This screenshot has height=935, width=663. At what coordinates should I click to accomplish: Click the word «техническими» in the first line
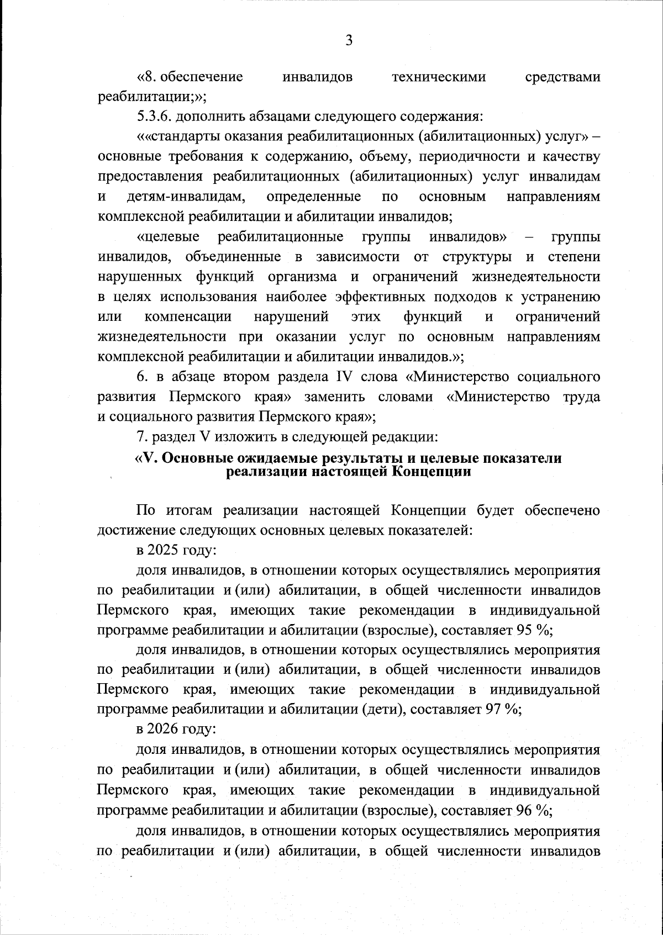tap(439, 77)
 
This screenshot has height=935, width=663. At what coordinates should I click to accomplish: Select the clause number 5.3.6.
tap(155, 117)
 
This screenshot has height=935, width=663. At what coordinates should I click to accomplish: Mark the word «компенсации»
tap(188, 316)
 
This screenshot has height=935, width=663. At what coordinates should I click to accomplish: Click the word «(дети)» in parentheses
tap(381, 710)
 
